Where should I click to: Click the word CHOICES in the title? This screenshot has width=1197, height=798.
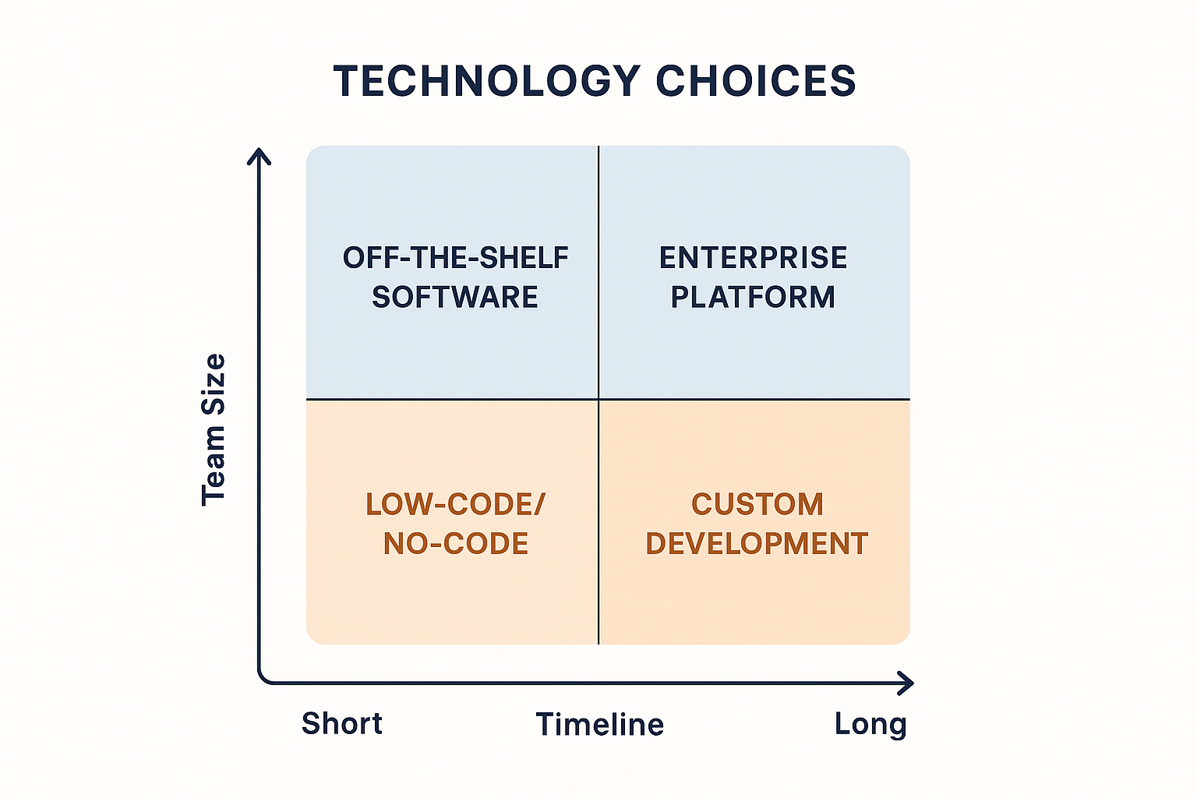coord(755,82)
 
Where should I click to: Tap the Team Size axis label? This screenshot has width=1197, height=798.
coord(214,429)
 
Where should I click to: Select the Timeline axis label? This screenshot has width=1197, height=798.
coord(600,725)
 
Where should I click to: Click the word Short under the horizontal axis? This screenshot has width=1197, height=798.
coord(342,724)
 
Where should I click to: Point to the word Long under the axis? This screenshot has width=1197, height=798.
coord(870,724)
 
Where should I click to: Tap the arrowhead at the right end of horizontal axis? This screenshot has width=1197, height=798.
coord(906,683)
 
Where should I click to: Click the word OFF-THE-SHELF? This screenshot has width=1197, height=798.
coord(455,258)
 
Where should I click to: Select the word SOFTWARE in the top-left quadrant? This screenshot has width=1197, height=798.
coord(455,298)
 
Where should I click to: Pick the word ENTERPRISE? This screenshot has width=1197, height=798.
coord(753,258)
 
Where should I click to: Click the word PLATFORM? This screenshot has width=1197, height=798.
coord(753,298)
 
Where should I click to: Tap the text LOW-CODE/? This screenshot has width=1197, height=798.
coord(455,504)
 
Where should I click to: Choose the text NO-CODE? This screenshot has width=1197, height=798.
coord(455,544)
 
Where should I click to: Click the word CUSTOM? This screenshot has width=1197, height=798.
coord(757,504)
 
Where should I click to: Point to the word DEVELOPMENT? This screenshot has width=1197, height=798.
coord(757,544)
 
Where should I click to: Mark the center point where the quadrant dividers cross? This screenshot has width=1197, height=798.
coord(598,399)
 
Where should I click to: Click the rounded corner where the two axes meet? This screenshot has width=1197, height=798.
coord(263,680)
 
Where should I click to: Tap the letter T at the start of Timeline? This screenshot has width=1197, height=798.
coord(545,725)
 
